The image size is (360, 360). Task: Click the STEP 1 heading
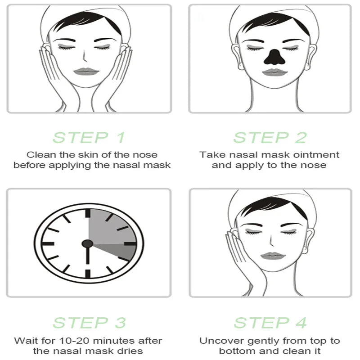(89, 138)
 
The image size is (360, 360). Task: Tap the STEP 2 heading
(270, 138)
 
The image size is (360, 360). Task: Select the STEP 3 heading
(89, 323)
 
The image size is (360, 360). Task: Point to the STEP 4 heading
(270, 323)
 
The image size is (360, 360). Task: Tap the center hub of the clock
(87, 244)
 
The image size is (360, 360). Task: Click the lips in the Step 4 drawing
(271, 256)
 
